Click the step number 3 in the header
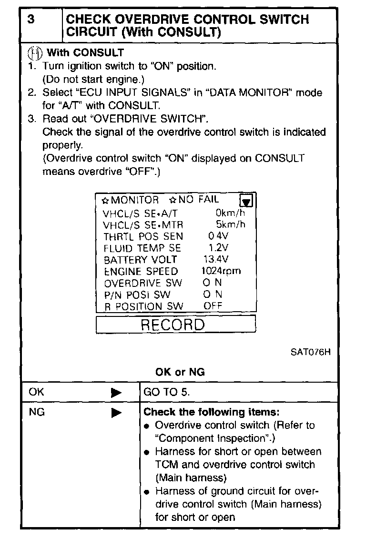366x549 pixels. click(x=31, y=20)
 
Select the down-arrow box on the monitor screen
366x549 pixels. click(x=246, y=201)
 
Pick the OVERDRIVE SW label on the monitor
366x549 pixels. click(x=143, y=283)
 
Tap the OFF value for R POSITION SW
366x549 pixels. click(x=213, y=306)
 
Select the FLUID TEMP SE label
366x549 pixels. click(x=142, y=248)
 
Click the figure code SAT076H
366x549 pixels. click(x=310, y=353)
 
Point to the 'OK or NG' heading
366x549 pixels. click(x=180, y=372)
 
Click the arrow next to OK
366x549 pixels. click(x=116, y=393)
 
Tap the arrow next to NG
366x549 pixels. click(x=116, y=413)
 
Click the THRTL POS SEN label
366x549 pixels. click(x=143, y=236)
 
